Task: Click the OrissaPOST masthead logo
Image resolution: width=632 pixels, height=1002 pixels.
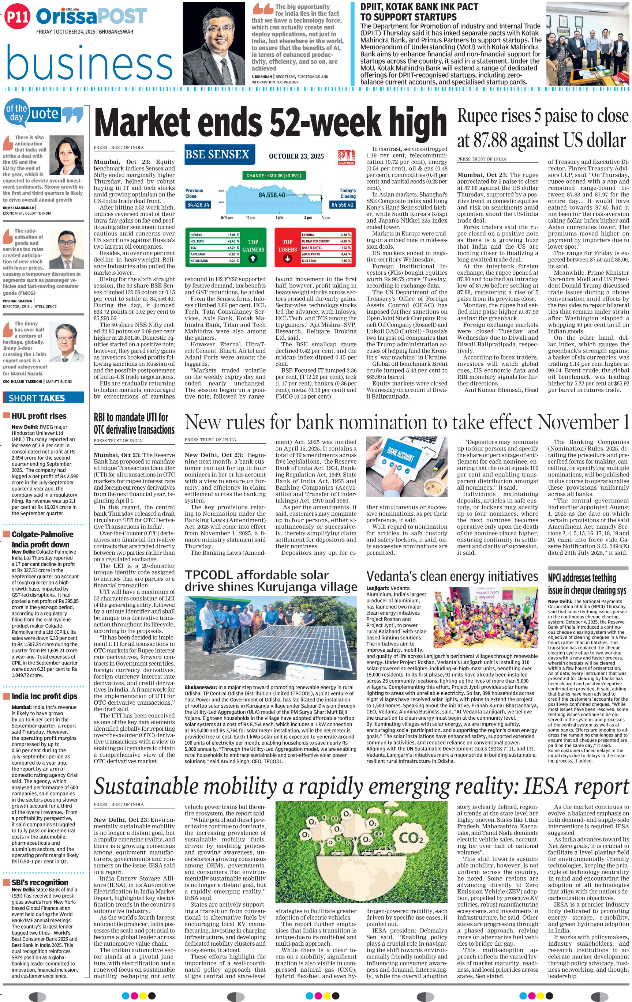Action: pyautogui.click(x=91, y=17)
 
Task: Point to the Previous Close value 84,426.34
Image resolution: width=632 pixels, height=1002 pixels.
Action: pyautogui.click(x=198, y=205)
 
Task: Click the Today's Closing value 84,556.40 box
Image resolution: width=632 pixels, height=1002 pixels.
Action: pyautogui.click(x=342, y=205)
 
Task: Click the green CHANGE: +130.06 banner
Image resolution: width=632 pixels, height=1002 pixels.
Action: pyautogui.click(x=273, y=176)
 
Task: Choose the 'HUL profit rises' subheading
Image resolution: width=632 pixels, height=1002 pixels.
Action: pyautogui.click(x=39, y=416)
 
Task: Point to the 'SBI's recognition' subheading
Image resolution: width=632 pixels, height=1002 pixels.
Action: pyautogui.click(x=40, y=882)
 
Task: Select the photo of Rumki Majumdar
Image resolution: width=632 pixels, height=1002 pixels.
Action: pyautogui.click(x=67, y=156)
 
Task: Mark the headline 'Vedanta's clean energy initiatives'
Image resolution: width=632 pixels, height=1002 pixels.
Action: pyautogui.click(x=452, y=576)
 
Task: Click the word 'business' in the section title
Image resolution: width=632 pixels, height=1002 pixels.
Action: pyautogui.click(x=90, y=64)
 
